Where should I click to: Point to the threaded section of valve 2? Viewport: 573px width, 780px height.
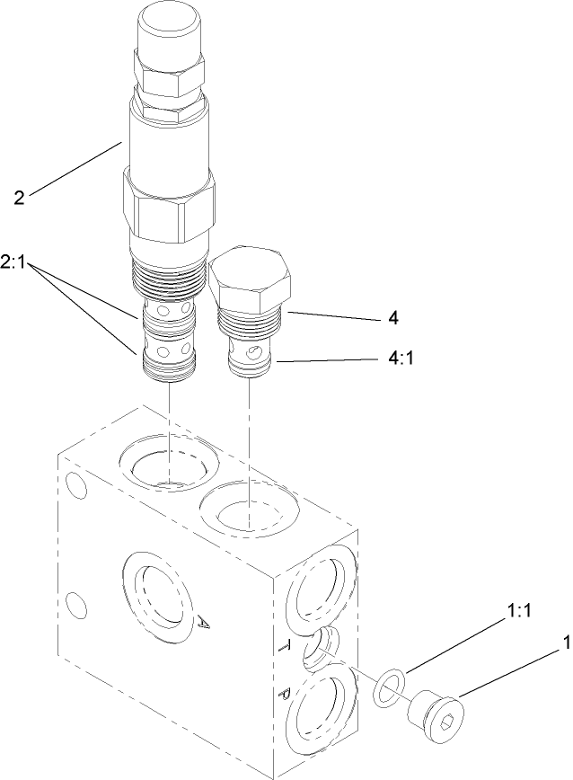coord(169,274)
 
